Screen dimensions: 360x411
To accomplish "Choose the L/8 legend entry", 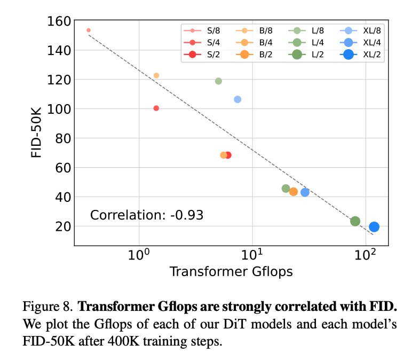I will coord(306,30).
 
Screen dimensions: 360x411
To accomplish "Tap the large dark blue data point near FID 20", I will coord(374,227).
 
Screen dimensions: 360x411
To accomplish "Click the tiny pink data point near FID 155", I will coord(89,30).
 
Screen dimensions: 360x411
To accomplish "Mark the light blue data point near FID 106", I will coord(238,99).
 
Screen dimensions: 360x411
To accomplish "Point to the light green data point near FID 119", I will coord(218,81).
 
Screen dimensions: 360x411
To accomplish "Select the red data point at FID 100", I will coord(156,108).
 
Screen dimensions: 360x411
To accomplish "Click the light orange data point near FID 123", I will coord(156,75).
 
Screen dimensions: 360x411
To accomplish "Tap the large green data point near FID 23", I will coord(355,221).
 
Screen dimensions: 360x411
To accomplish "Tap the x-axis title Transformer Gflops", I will coord(231,271).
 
